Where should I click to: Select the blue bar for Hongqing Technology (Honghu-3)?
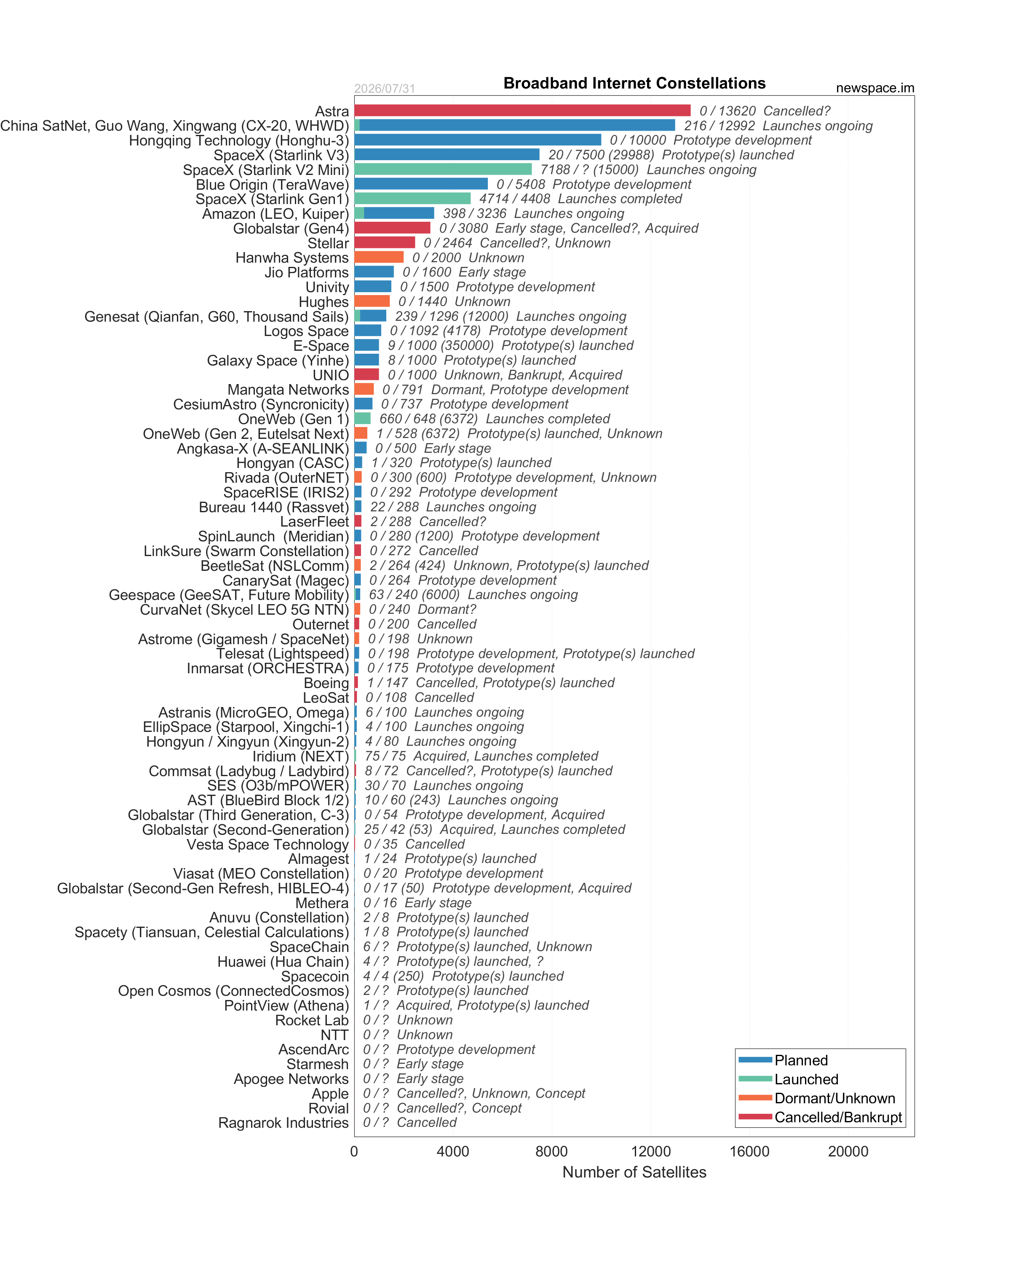[478, 140]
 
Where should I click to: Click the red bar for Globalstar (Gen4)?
[393, 228]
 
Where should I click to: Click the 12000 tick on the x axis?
[651, 1151]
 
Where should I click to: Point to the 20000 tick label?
[848, 1151]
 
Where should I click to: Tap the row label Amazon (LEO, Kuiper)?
[276, 214]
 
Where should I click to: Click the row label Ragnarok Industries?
[284, 1123]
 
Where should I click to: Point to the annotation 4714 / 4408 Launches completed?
[580, 199]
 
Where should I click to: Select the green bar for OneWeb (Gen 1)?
[362, 419]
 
